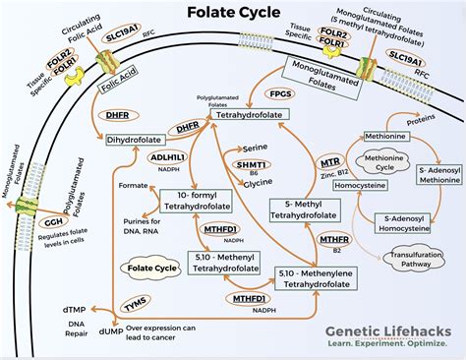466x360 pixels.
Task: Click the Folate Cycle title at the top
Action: [x=232, y=13]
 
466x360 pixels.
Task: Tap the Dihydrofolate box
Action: [x=136, y=141]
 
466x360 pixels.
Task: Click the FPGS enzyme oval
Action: [x=279, y=94]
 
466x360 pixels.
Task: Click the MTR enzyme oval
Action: [x=331, y=161]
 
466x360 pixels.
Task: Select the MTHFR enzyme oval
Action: [x=332, y=237]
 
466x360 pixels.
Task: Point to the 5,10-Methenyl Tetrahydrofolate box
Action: [x=194, y=259]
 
